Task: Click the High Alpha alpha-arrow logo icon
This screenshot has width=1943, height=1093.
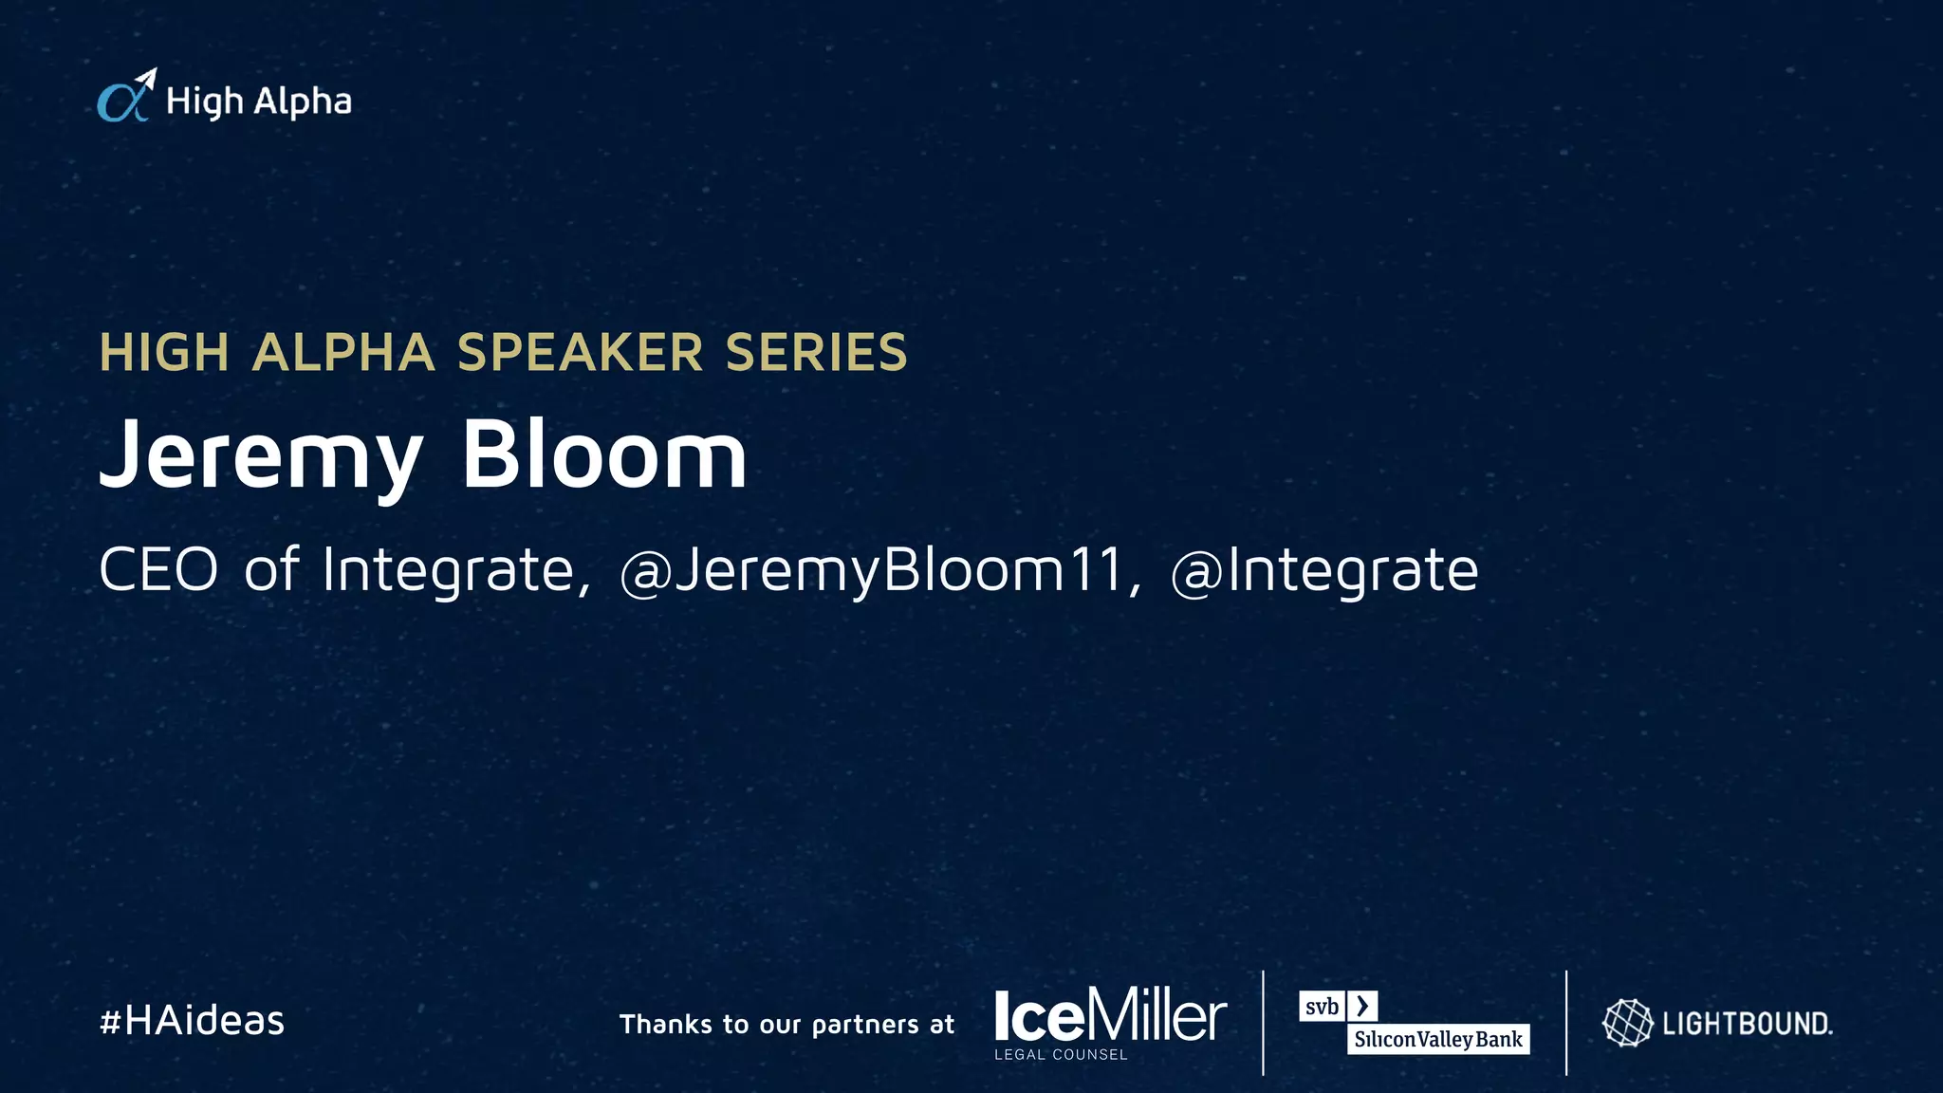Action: click(x=126, y=97)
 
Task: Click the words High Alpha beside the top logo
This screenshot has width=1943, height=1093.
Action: click(x=258, y=102)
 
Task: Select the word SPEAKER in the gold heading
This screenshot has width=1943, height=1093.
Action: click(x=580, y=353)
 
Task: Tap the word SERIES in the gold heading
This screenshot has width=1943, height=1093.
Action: click(x=816, y=353)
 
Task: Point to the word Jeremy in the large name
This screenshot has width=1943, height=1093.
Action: click(x=261, y=456)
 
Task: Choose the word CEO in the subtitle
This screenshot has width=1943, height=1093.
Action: click(x=158, y=569)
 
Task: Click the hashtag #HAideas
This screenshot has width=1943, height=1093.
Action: click(x=192, y=1021)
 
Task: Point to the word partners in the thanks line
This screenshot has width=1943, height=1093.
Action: click(x=865, y=1025)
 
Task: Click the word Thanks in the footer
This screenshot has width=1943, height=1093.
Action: click(x=665, y=1024)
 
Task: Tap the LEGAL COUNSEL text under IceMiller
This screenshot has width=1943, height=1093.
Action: click(x=1061, y=1054)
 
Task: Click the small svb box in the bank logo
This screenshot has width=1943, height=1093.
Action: click(x=1322, y=1006)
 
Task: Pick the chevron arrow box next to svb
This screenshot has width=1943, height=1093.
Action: click(x=1362, y=1006)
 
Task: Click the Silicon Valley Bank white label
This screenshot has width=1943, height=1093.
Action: click(x=1438, y=1039)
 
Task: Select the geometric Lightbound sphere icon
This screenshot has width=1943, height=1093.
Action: click(x=1627, y=1023)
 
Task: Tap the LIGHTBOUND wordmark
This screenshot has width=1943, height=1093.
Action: click(x=1747, y=1024)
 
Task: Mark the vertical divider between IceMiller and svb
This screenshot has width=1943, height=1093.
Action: click(x=1264, y=1023)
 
